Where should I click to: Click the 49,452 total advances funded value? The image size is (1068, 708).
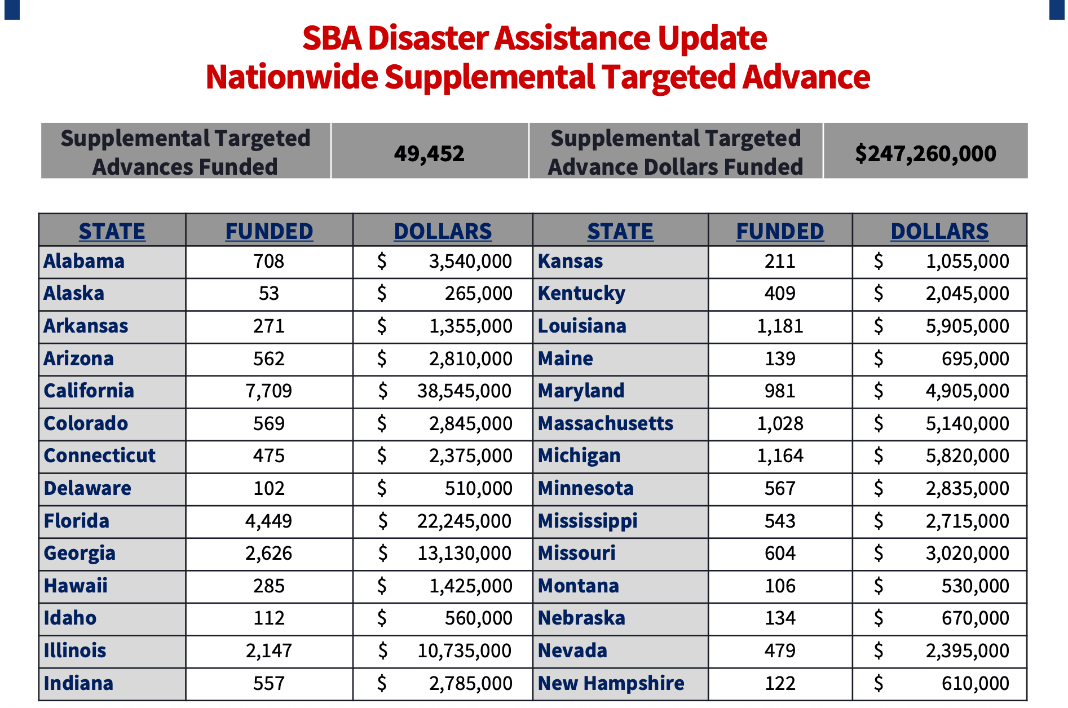click(x=429, y=153)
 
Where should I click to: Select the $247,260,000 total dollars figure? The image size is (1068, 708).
click(x=925, y=153)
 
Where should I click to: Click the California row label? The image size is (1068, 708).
click(x=89, y=391)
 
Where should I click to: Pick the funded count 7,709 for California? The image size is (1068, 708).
click(x=269, y=391)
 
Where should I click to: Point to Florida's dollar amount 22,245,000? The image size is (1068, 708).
click(x=464, y=521)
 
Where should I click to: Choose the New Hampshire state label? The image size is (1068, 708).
click(x=611, y=683)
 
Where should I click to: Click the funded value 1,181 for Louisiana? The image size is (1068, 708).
click(x=780, y=326)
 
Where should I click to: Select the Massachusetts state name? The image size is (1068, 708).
click(x=605, y=423)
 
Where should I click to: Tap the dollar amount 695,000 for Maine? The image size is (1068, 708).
click(x=975, y=359)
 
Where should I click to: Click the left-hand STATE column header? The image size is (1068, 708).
click(x=112, y=231)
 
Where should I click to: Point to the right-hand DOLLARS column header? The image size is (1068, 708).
click(x=939, y=231)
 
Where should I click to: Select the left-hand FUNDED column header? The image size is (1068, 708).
click(x=269, y=231)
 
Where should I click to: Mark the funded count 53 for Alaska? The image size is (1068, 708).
click(x=269, y=293)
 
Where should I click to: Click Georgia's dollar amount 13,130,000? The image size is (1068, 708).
click(x=464, y=554)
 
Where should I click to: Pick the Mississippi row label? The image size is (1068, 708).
click(x=588, y=521)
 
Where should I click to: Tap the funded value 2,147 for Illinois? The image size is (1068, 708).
click(x=269, y=651)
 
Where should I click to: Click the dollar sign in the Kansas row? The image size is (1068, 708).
click(x=878, y=261)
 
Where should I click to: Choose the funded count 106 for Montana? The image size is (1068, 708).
click(x=780, y=586)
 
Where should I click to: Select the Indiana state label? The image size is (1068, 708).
click(x=78, y=683)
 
